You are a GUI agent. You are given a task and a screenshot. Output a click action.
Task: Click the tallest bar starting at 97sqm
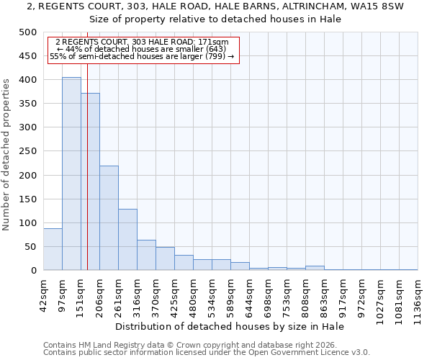(71, 174)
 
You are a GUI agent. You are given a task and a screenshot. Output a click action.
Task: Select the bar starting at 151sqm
(90, 181)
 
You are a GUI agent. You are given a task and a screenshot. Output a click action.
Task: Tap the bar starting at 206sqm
(109, 218)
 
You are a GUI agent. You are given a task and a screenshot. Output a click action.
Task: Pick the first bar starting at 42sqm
(53, 249)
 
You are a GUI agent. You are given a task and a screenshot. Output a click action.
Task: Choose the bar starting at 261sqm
(127, 240)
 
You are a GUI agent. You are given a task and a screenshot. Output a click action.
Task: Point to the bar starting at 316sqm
(146, 255)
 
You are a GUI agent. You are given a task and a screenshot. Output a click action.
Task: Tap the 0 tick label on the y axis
(33, 271)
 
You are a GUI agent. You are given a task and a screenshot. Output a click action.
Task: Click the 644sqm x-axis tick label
(250, 294)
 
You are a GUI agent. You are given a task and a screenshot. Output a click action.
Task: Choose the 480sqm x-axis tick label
(194, 294)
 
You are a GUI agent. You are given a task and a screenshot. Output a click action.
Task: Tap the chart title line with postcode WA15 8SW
(215, 6)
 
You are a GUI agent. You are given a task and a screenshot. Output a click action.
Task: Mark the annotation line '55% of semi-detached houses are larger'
(142, 57)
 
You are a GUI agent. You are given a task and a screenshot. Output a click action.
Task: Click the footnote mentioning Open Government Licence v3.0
(207, 352)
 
